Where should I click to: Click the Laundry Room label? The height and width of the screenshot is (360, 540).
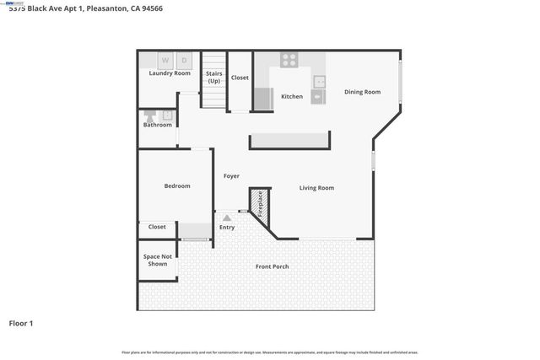[170, 73]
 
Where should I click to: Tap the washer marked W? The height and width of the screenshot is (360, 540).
[165, 60]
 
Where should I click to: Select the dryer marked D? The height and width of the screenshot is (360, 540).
[184, 60]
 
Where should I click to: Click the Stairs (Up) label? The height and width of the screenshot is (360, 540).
[213, 77]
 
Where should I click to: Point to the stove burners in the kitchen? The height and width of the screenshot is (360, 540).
[289, 60]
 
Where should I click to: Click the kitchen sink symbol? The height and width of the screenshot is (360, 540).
[320, 82]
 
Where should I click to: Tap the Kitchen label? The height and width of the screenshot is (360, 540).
[292, 96]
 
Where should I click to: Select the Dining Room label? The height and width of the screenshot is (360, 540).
[362, 92]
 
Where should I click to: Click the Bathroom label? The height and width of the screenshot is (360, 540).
[157, 125]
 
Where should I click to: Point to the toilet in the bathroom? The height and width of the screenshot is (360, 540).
[148, 114]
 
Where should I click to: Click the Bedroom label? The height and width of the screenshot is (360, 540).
[177, 185]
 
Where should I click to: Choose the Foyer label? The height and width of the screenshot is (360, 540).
[231, 176]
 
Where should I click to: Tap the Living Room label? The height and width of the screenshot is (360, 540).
[316, 188]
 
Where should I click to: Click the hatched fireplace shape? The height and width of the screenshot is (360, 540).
[260, 205]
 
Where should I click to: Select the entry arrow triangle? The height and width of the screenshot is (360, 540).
[226, 218]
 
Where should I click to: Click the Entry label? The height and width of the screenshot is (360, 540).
[227, 227]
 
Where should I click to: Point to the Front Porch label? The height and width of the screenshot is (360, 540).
[273, 266]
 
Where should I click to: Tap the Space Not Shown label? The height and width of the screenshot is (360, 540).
[158, 260]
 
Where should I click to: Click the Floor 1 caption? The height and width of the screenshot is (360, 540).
[21, 323]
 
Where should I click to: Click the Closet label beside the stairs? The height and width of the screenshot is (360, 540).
[240, 78]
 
